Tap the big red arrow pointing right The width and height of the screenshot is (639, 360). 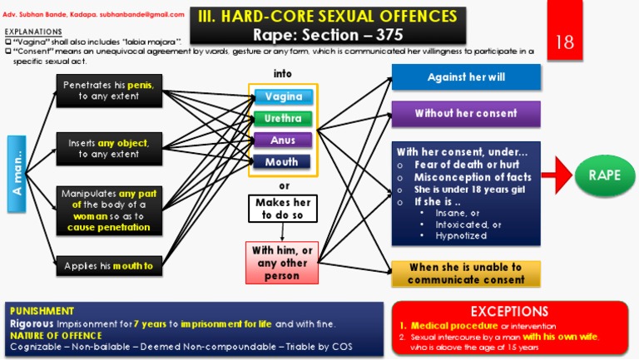coord(557,176)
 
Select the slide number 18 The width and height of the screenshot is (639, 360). coord(565,42)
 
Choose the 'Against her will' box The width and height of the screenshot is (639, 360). coord(466,77)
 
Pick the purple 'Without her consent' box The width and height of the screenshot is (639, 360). coord(466,113)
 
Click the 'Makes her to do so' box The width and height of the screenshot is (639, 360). coord(284,209)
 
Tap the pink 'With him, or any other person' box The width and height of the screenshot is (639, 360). coord(282,263)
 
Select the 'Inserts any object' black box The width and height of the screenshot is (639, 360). coord(109,148)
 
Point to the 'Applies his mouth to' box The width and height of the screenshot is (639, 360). coord(109,266)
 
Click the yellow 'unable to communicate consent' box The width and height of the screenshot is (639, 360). coord(465,274)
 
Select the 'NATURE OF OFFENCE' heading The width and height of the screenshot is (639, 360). coord(57,334)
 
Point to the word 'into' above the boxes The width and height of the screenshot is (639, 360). coord(283,74)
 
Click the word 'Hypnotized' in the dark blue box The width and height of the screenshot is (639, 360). coord(459,236)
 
